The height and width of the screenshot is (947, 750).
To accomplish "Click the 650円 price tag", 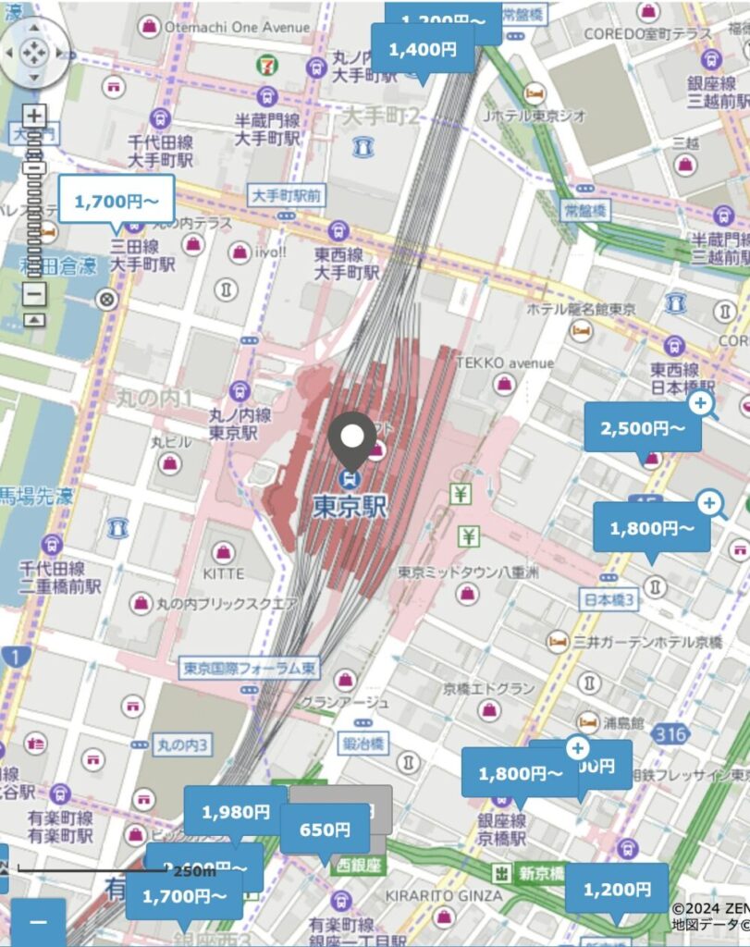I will coord(325,830).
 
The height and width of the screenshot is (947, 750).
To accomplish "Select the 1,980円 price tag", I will coord(235,812).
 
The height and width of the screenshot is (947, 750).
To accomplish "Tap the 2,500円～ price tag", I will coord(643,428).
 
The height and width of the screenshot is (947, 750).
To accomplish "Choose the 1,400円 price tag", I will coord(423,49).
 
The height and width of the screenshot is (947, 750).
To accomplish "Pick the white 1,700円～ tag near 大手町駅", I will coord(117,199).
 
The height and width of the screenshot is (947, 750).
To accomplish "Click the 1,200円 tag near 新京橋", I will coord(616,889).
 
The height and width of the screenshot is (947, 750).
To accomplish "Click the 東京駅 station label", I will coord(350,507).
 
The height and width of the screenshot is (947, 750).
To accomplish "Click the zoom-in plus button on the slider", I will coord(33,117).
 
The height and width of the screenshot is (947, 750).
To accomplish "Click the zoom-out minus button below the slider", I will coord(33,294).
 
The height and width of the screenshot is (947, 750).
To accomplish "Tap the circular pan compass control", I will coord(33,53).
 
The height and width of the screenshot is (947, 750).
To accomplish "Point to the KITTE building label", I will coord(223,573).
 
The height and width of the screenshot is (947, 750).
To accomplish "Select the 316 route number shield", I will coord(674,734).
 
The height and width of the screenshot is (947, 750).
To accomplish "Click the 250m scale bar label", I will coord(193,870).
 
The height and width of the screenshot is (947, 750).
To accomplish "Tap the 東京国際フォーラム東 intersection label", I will coord(238,668).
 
